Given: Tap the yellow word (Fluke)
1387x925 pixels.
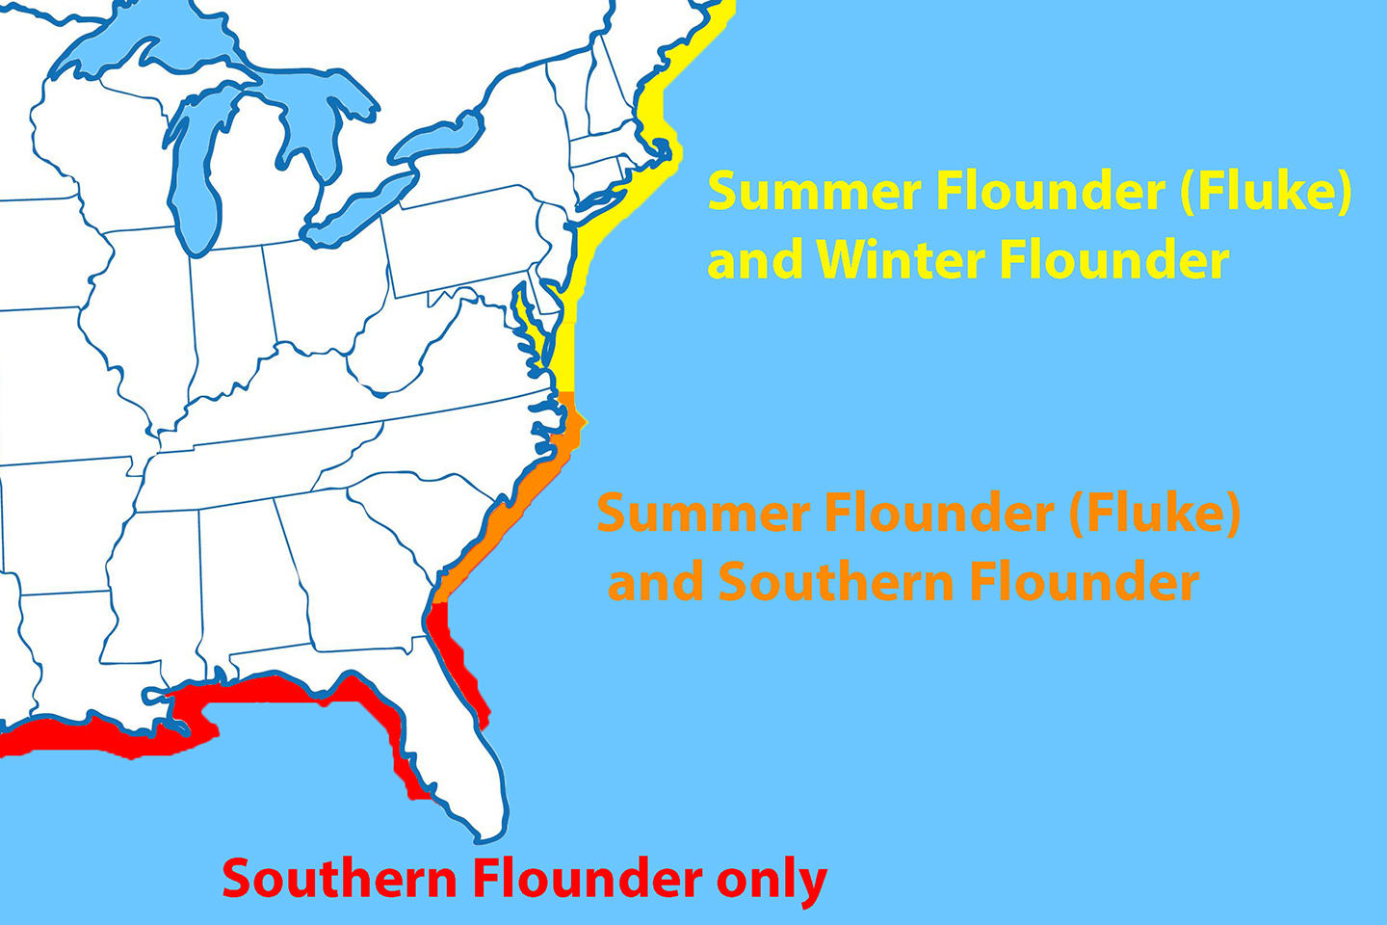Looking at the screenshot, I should pyautogui.click(x=1265, y=191).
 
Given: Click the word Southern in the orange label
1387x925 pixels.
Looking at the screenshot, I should pyautogui.click(x=836, y=582).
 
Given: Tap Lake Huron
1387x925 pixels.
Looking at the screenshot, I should pyautogui.click(x=318, y=125).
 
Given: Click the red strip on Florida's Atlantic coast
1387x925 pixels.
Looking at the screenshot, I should pyautogui.click(x=453, y=655).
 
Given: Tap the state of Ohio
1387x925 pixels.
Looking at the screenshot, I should pyautogui.click(x=323, y=289).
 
